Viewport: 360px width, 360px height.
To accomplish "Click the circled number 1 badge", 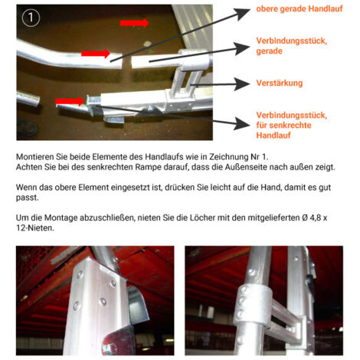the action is pyautogui.click(x=31, y=18).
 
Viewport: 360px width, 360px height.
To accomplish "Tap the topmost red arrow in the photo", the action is pyautogui.click(x=134, y=23).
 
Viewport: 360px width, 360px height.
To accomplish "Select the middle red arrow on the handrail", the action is pyautogui.click(x=96, y=54).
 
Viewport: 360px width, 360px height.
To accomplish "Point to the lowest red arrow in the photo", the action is pyautogui.click(x=70, y=101).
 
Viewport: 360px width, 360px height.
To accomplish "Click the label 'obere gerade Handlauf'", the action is pyautogui.click(x=299, y=8).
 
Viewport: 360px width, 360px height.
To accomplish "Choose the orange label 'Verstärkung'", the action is pyautogui.click(x=280, y=83).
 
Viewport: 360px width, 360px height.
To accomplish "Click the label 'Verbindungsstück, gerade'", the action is pyautogui.click(x=292, y=46).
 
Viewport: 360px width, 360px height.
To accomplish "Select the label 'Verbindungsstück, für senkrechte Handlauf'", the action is pyautogui.click(x=292, y=125).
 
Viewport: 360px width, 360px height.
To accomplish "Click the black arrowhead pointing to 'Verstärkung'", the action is pyautogui.click(x=241, y=84).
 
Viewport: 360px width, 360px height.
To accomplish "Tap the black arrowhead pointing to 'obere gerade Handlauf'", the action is pyautogui.click(x=242, y=13).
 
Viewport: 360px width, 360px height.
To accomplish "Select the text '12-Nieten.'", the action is pyautogui.click(x=35, y=227).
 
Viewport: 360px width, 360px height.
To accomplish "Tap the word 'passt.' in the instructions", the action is pyautogui.click(x=27, y=198).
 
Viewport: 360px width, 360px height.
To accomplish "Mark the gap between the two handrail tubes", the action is pyautogui.click(x=126, y=61).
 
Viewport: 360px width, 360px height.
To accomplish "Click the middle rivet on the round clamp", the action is pyautogui.click(x=241, y=301).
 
